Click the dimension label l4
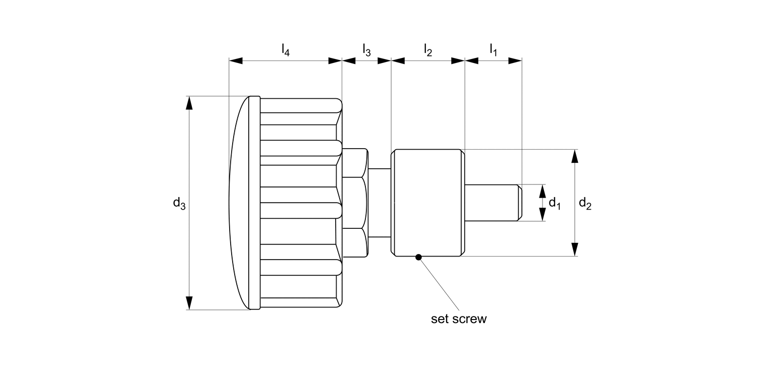(x=286, y=50)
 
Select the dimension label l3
(x=367, y=50)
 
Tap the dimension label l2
(x=428, y=50)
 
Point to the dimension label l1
(x=494, y=50)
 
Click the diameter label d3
(x=179, y=203)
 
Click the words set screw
(x=459, y=319)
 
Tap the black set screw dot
(x=418, y=258)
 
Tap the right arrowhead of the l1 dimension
(x=515, y=60)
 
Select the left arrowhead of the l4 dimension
(x=236, y=60)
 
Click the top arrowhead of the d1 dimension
(x=543, y=191)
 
